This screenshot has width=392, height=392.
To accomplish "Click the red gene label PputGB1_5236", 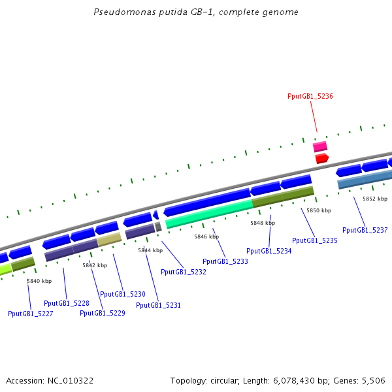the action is click(310, 96).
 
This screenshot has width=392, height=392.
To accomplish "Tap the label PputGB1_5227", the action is click(31, 314).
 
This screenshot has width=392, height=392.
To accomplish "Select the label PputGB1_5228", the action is click(67, 303).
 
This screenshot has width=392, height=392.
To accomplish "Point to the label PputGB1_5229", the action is click(103, 313).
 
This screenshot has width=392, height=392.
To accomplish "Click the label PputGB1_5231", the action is click(159, 305).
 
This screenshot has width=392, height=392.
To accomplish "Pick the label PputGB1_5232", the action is click(184, 272).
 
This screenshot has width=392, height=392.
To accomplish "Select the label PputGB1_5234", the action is click(269, 251).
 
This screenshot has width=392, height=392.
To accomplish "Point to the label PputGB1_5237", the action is click(365, 230).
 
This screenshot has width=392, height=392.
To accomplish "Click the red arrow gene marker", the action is click(321, 159).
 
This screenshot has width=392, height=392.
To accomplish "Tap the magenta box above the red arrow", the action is click(320, 146).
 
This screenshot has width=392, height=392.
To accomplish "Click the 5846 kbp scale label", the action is click(206, 237).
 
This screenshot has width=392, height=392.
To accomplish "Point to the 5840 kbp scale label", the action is click(39, 281).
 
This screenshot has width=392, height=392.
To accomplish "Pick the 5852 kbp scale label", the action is click(375, 199).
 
